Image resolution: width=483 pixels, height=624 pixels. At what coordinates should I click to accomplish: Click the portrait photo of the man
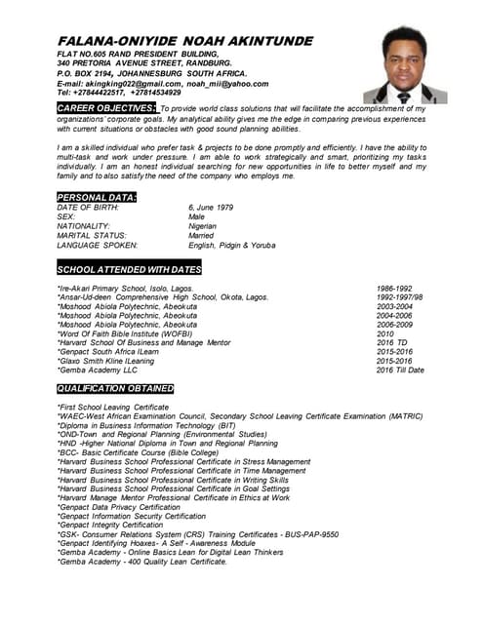pos(405,65)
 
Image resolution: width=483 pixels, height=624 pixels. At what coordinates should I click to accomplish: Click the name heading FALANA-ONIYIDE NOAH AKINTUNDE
pos(184,41)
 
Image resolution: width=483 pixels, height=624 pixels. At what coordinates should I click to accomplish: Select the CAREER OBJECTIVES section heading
pos(106,107)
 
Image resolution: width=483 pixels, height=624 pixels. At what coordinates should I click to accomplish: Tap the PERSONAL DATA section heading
pos(97,198)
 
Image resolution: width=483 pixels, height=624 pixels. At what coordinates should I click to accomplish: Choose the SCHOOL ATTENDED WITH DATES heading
pos(130,268)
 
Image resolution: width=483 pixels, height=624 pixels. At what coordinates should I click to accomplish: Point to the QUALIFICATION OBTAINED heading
pos(115,388)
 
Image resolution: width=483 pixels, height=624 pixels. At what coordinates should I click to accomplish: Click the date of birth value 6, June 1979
pos(211,208)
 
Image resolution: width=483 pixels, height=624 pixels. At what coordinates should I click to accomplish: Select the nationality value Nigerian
pos(204,226)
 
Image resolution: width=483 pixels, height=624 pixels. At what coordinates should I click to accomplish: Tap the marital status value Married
pos(201,235)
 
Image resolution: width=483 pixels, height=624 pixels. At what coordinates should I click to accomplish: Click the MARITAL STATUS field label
pos(92,235)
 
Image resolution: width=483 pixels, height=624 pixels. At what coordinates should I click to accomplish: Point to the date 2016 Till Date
pos(400,370)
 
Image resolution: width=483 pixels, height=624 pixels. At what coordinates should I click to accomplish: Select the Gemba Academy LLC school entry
pos(98,370)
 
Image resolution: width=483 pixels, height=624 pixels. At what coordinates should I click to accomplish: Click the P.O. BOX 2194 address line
pos(152,73)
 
